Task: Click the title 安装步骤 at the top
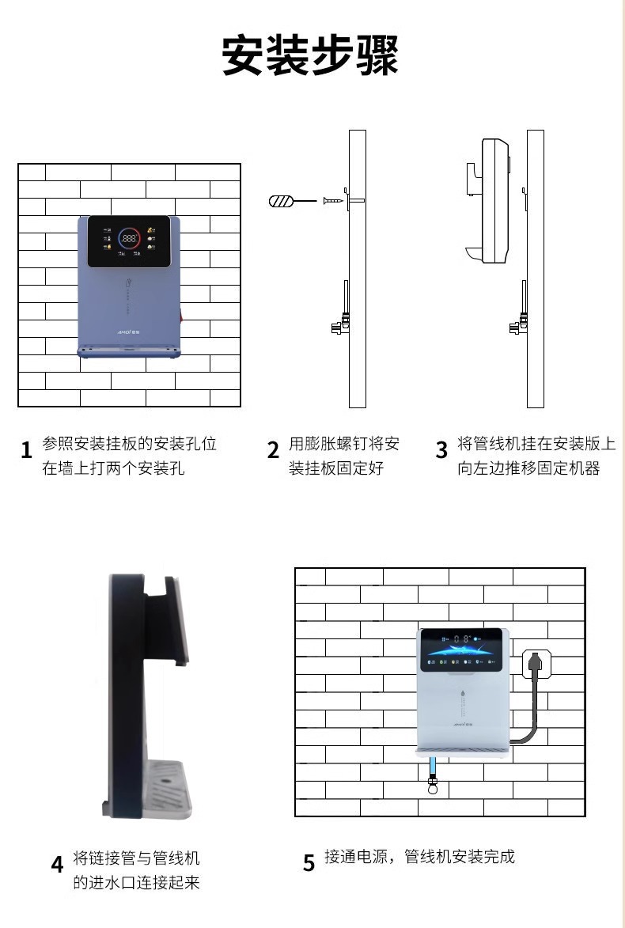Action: pos(310,55)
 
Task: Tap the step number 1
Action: pos(26,450)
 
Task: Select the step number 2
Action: pos(273,450)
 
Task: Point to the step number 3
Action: pos(441,449)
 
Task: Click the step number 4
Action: pos(57,864)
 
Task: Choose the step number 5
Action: pos(309,862)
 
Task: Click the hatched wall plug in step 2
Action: pos(282,201)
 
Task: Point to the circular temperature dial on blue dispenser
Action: pos(129,237)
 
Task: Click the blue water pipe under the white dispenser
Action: pos(432,767)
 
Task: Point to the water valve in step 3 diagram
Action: pos(520,324)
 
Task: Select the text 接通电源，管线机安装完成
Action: pos(419,857)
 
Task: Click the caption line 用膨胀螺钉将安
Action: pos(344,444)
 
